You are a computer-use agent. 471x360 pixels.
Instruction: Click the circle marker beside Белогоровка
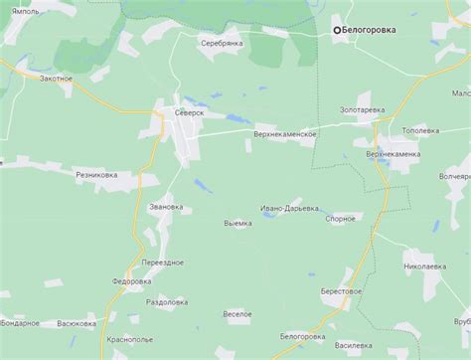(337, 30)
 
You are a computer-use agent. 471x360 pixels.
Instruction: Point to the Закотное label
(56, 78)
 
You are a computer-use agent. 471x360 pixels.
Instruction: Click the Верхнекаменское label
(284, 133)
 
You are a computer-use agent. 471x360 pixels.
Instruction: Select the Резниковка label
(96, 174)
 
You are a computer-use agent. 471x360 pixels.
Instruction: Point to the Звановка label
(165, 207)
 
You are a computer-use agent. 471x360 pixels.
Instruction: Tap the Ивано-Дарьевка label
(290, 209)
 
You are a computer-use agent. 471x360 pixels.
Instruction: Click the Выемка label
(238, 223)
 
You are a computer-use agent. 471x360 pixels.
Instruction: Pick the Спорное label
(341, 218)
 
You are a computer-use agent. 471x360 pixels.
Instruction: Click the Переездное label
(162, 262)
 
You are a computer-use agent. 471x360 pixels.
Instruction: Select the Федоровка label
(130, 281)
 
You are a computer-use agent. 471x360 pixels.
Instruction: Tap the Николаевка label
(425, 267)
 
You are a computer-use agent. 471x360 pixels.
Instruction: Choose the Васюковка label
(77, 323)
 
